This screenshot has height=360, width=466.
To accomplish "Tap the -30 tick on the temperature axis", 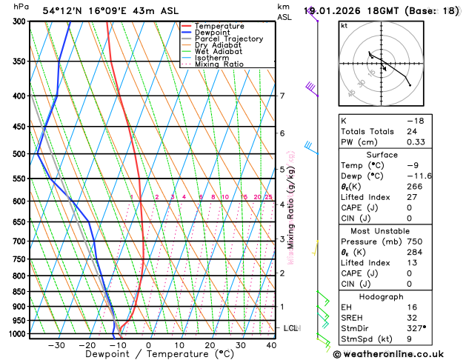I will (x=56, y=345).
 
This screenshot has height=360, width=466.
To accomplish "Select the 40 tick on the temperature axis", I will (x=272, y=345).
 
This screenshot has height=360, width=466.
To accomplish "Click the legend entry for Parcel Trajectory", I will (x=228, y=39).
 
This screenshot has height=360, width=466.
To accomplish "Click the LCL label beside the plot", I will (x=291, y=328).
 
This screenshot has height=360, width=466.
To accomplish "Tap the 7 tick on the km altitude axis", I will (x=282, y=96).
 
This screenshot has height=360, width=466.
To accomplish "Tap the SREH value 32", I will (x=412, y=318).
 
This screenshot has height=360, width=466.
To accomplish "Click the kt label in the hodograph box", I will (x=344, y=26).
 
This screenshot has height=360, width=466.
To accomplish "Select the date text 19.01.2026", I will (x=340, y=11).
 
